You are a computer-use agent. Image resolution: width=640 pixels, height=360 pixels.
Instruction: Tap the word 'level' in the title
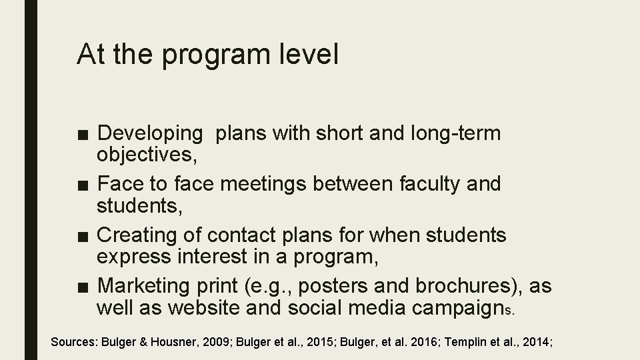(x=309, y=55)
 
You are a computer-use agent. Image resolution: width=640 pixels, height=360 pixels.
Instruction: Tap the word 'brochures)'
(x=467, y=285)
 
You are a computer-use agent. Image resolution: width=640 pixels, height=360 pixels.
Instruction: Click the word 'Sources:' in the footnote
(x=74, y=342)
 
